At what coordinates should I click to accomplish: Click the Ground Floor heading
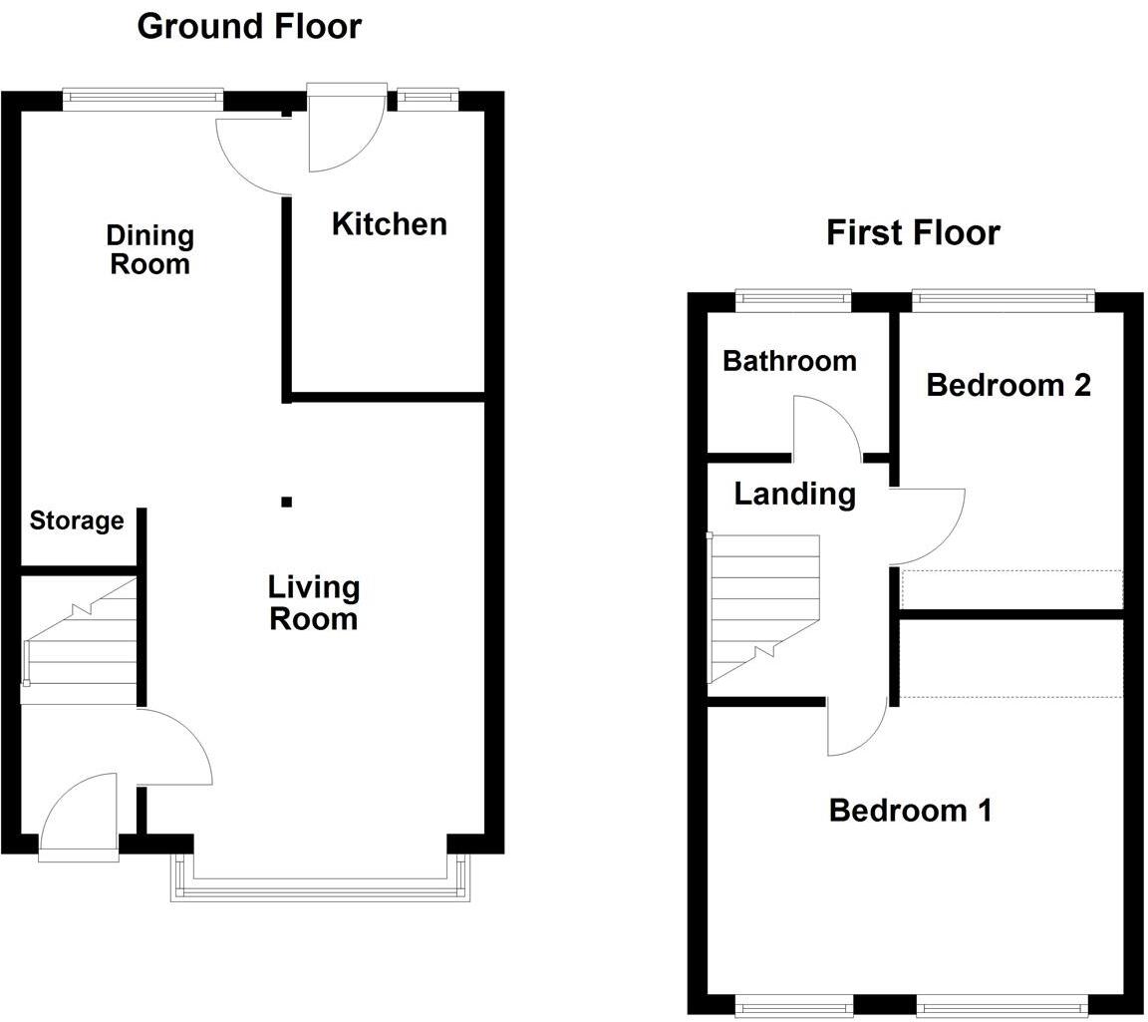(249, 26)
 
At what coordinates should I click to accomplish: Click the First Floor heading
(912, 232)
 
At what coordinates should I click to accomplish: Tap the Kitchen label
(389, 224)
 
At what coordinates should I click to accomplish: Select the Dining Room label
(149, 249)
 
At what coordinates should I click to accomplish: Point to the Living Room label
(313, 602)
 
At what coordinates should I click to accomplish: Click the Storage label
(77, 520)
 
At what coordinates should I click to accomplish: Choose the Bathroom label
(789, 360)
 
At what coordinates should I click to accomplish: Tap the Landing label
(794, 494)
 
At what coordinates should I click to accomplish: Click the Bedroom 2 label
(1008, 385)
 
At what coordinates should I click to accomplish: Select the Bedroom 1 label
(910, 810)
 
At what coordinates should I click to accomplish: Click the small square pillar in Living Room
(287, 502)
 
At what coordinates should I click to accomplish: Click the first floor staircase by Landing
(762, 608)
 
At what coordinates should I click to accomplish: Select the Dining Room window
(143, 97)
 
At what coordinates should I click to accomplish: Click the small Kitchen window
(427, 97)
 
